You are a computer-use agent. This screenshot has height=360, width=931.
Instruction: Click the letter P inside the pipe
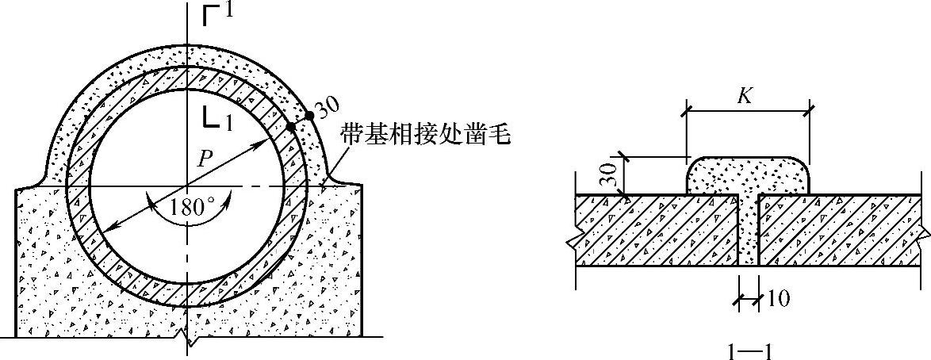click(x=204, y=158)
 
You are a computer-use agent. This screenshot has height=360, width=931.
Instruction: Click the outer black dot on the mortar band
click(x=309, y=116)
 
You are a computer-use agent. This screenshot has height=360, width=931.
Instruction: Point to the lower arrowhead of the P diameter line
click(x=109, y=228)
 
